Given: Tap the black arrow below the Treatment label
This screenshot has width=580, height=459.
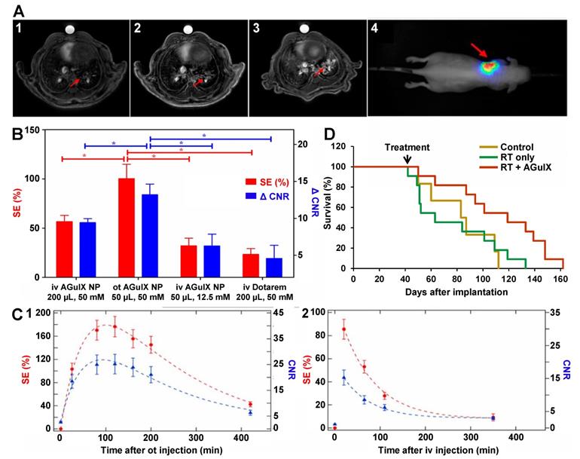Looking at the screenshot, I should tap(408, 159).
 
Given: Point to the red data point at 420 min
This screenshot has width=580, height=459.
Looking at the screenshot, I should tap(251, 404).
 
